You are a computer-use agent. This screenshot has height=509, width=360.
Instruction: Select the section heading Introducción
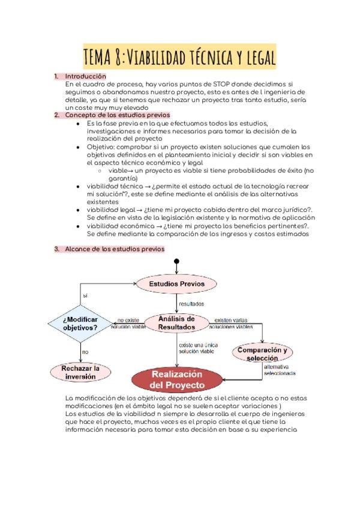point(85,77)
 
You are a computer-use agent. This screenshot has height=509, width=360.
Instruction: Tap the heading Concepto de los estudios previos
point(118,115)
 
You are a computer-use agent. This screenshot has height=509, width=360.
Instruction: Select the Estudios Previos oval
point(176,283)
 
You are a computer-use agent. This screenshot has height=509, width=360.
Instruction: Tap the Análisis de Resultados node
point(176,323)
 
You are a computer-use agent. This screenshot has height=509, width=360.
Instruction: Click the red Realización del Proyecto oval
point(177,379)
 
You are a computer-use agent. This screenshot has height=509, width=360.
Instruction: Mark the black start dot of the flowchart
point(176,262)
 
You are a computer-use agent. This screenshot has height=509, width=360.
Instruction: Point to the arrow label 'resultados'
point(191,304)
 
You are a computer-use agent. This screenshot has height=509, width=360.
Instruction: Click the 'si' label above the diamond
point(85,295)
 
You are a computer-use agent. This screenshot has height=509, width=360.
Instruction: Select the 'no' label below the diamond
point(85,352)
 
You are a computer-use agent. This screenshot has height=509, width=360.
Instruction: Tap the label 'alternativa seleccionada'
point(279,370)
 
